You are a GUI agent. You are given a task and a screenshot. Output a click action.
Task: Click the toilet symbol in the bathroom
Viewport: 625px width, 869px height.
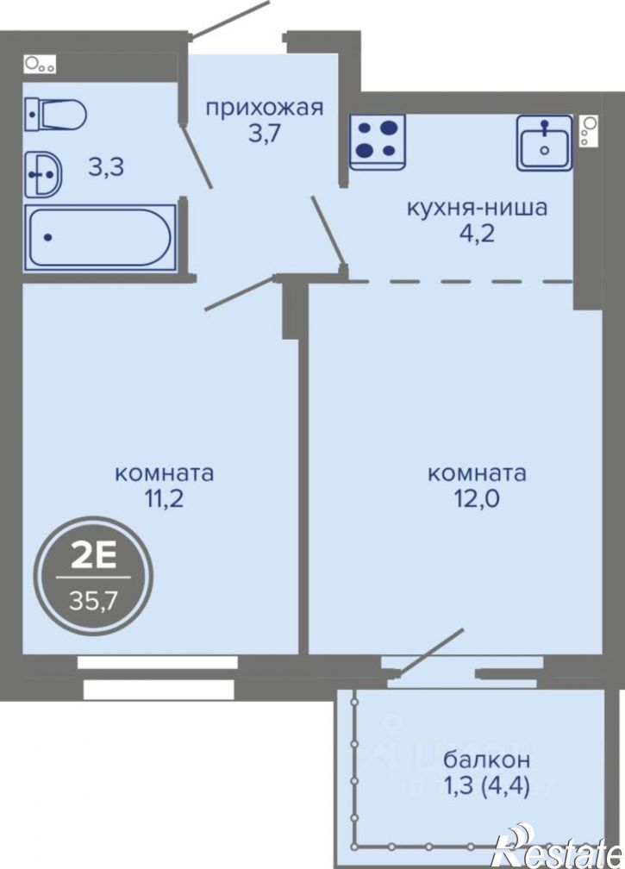tap(55, 113)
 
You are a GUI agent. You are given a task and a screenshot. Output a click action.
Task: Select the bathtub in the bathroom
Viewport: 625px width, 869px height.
tap(99, 237)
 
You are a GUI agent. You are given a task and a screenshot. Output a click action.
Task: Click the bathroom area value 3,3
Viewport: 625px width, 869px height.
tap(106, 167)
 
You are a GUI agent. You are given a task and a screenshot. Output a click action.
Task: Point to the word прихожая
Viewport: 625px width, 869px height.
tap(264, 108)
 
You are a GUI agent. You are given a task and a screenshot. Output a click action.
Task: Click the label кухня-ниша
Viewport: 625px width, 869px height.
tap(477, 208)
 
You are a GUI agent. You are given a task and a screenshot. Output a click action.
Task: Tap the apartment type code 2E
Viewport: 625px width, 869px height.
tap(93, 558)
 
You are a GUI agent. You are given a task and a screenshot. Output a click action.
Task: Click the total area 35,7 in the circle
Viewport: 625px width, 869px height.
tap(93, 599)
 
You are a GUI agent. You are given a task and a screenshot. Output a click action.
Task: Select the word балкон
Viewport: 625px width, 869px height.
tap(487, 760)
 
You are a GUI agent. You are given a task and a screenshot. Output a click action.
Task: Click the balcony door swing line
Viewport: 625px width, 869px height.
tap(423, 658)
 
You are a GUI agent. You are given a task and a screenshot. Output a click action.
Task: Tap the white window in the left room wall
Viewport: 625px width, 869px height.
tap(157, 662)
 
